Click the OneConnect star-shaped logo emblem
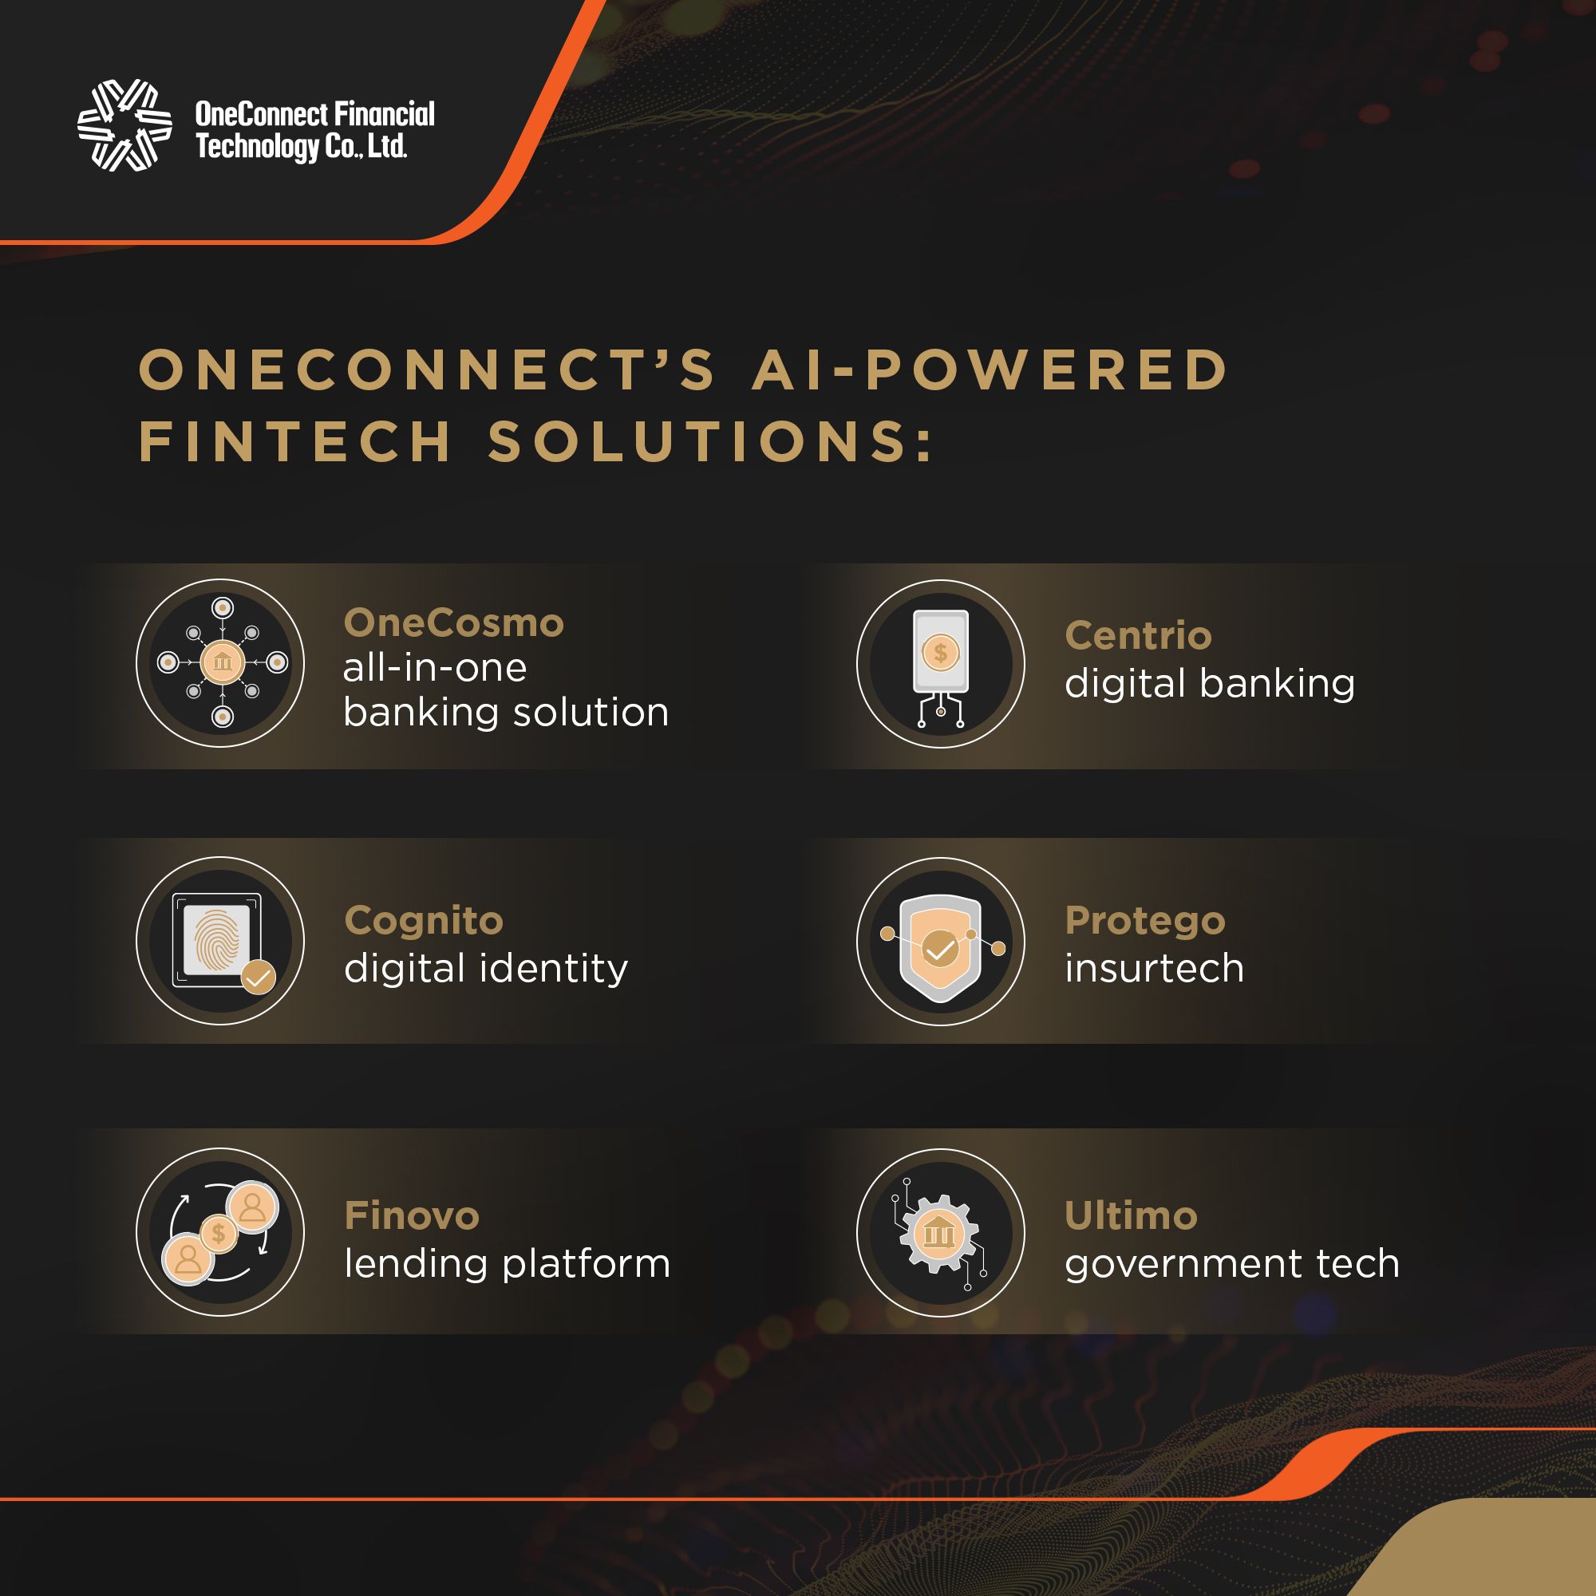124,124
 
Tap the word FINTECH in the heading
296,441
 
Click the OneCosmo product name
453,623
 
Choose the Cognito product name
424,920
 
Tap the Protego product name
1145,920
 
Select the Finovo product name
413,1215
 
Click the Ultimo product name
1131,1215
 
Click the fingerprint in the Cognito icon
216,939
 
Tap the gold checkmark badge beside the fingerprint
259,978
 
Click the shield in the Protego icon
940,947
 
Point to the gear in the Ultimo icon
939,1234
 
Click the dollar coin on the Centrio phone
940,653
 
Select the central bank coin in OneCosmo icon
222,662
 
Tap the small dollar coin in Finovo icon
219,1234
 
